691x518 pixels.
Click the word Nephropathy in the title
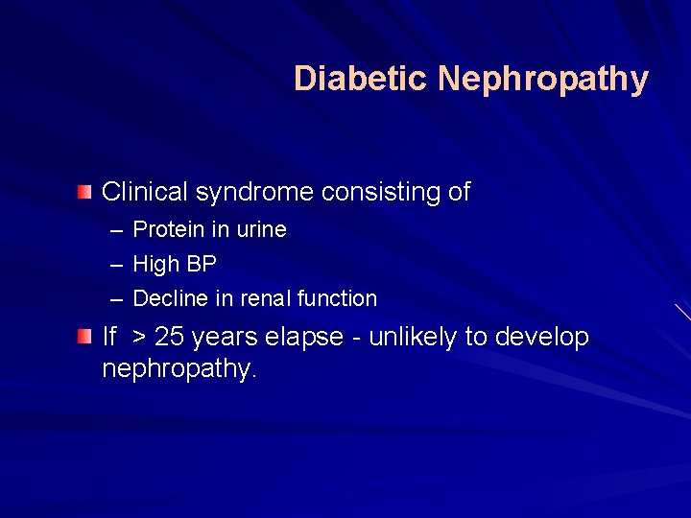[543, 80]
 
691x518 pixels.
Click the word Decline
[169, 298]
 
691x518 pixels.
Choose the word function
[337, 298]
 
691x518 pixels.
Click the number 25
[169, 338]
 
